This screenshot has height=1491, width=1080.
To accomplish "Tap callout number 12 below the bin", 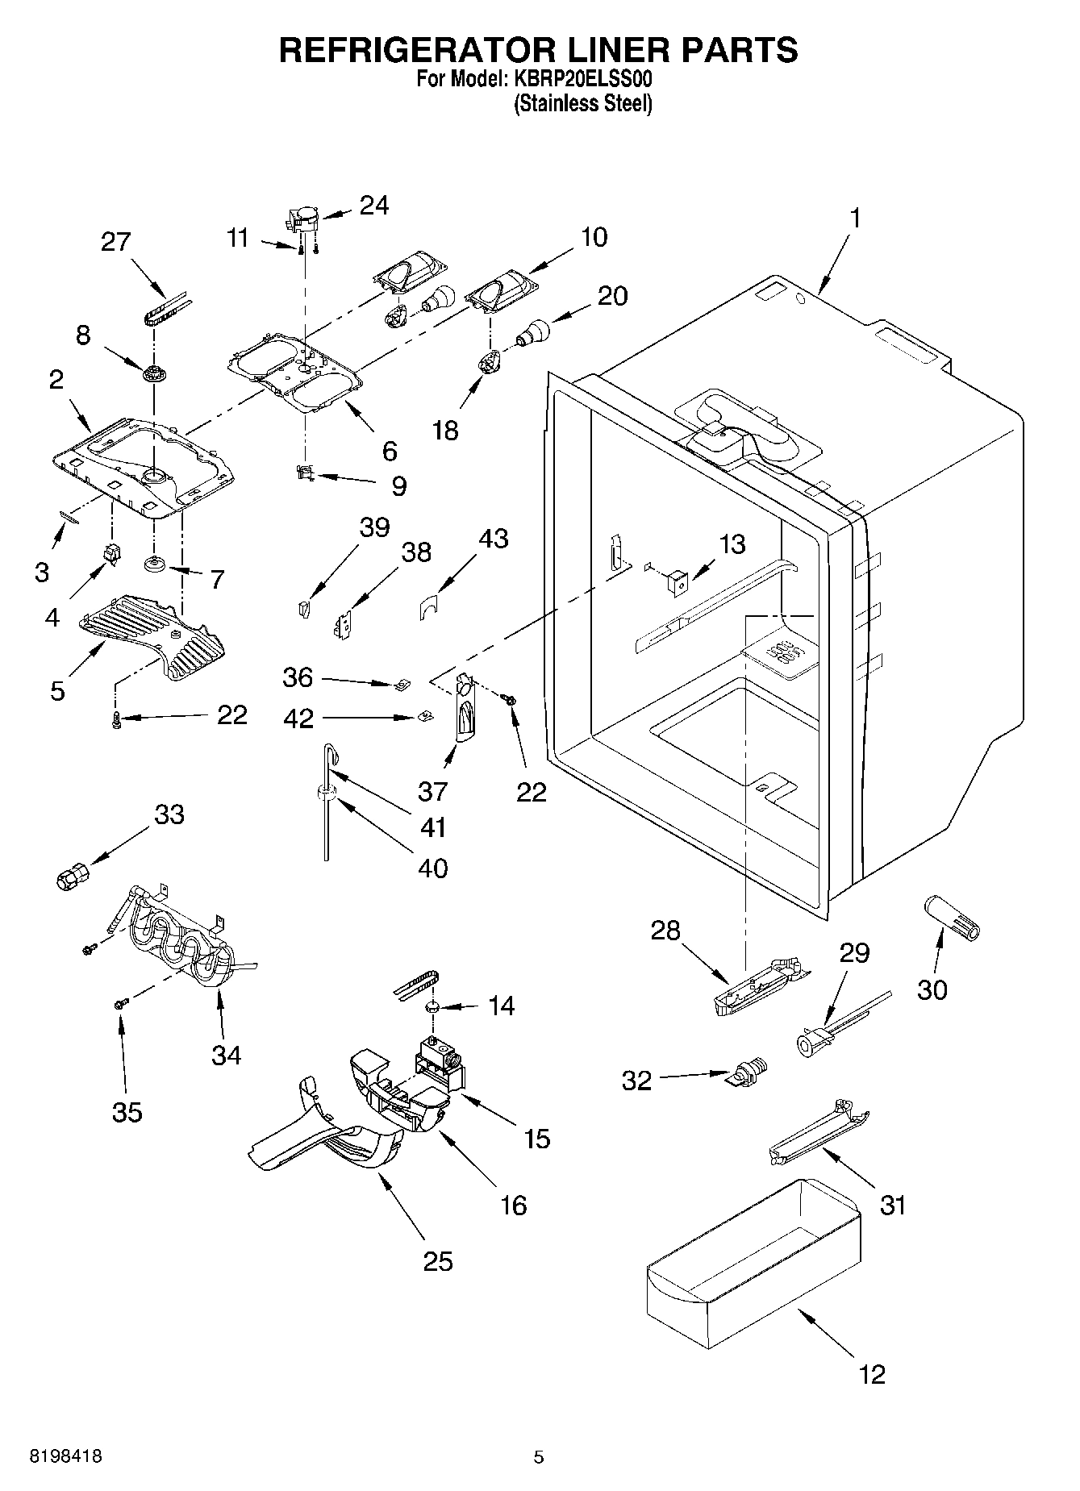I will pos(872,1373).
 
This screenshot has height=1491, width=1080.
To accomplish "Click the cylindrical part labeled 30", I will pos(952,917).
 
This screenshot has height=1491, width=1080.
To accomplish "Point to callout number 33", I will pos(169,814).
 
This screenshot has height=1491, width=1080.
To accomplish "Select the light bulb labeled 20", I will pos(533,331).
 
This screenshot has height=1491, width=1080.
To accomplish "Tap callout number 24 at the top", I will pos(373,206).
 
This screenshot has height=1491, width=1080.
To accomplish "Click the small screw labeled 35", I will pos(122,1003).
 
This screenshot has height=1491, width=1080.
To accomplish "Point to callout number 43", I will pos(493,538).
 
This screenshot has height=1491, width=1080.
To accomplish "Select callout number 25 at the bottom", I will pos(438,1260).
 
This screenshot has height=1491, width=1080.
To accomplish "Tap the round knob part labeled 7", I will pos(153,564).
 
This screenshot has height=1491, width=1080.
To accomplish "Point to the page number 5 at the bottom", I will pos(539,1457).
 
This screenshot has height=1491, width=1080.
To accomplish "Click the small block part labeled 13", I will pos(678,578).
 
